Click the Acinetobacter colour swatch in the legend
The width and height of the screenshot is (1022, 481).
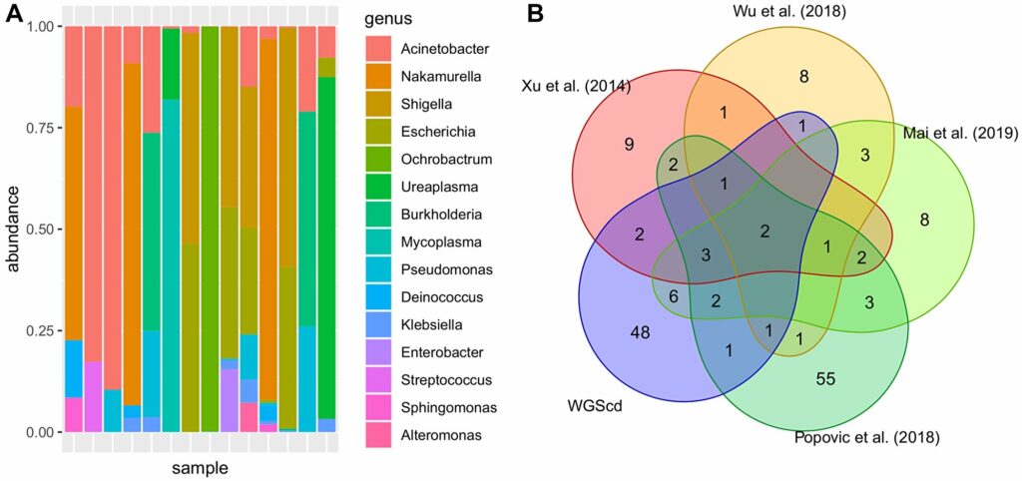tap(375, 48)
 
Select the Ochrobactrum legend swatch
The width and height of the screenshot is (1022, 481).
tap(375, 159)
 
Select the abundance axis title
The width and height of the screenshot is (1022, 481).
tap(14, 230)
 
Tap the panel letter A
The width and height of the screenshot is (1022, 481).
tap(12, 15)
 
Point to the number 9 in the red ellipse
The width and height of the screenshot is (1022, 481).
tap(629, 145)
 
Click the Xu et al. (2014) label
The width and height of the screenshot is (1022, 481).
tap(576, 87)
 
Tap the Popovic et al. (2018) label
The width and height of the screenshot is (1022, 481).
tap(867, 437)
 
